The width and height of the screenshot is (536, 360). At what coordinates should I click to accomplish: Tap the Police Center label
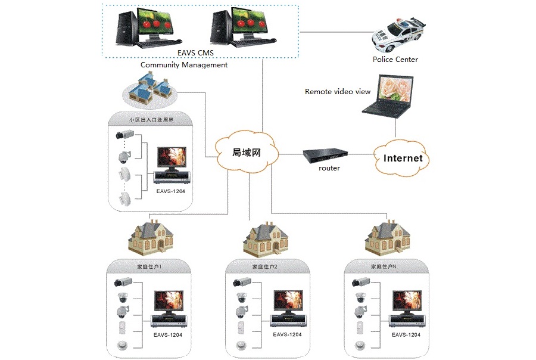point(395,59)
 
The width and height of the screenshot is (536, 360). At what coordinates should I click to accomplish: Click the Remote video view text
point(337,92)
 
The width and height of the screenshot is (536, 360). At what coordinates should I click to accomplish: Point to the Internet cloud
point(403,158)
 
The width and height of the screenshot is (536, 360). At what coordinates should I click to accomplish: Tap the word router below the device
point(329,168)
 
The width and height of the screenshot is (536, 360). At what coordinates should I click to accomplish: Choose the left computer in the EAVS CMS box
point(142,27)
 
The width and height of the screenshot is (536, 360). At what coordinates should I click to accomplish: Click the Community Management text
point(183,64)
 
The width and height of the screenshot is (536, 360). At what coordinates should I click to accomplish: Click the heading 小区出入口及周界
point(151,120)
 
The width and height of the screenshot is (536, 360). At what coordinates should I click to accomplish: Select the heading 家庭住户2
point(265,268)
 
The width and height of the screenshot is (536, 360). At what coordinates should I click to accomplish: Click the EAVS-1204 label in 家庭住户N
point(406,335)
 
